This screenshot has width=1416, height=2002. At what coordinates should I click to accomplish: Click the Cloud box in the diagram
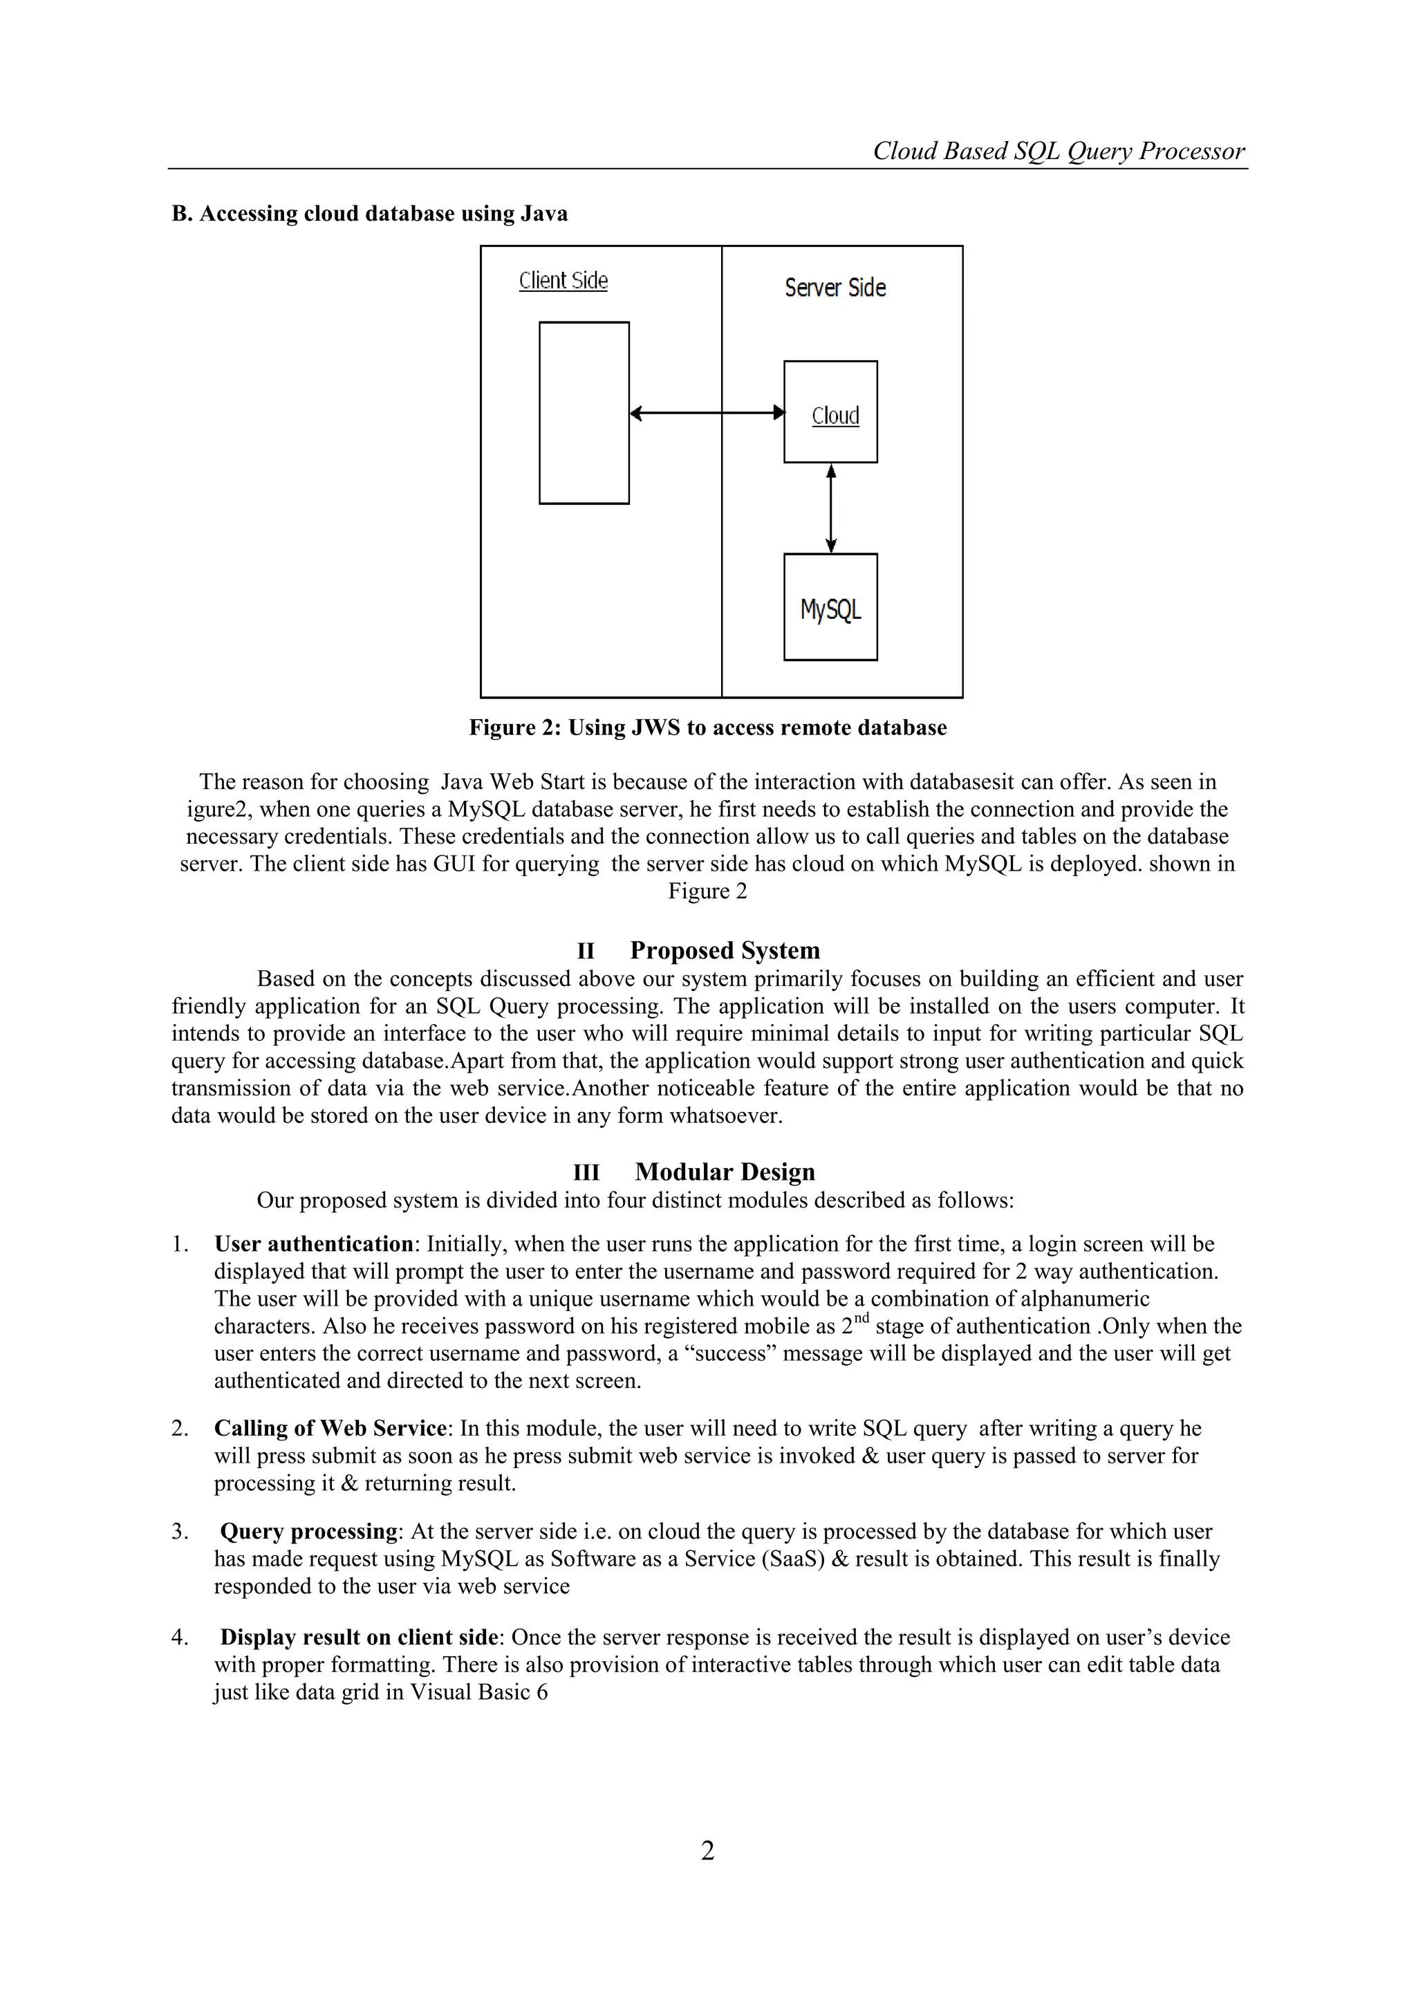point(830,411)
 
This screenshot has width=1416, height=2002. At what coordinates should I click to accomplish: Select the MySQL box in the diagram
point(830,607)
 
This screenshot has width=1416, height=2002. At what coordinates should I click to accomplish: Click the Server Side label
point(835,288)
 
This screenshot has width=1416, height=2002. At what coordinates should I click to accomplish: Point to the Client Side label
point(563,281)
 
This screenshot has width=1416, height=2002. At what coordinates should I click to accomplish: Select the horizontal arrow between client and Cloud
point(706,414)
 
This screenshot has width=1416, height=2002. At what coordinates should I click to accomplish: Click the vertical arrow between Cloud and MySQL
point(831,508)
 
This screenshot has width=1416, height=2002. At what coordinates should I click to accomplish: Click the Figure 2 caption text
point(707,727)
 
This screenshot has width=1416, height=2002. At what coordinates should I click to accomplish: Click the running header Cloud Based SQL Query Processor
point(1059,151)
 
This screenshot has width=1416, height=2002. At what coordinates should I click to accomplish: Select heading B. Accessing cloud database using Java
point(370,214)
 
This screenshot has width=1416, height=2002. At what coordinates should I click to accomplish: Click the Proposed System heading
point(725,949)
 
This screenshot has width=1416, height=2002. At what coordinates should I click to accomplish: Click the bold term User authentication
point(313,1243)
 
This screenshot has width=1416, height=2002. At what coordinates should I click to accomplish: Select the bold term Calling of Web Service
point(330,1427)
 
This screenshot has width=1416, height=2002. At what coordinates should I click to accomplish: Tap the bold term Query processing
point(308,1531)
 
